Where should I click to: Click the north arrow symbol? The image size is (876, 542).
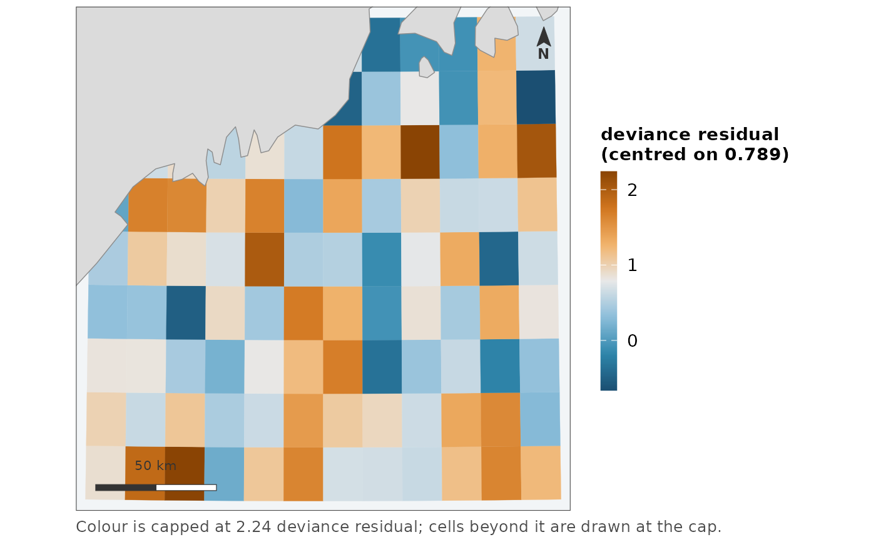click(544, 37)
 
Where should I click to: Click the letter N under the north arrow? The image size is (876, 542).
click(543, 54)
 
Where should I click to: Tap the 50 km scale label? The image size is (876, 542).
click(155, 466)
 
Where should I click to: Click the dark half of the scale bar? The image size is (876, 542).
click(126, 488)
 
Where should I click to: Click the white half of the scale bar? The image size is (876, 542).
click(186, 488)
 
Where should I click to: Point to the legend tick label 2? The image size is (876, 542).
click(632, 190)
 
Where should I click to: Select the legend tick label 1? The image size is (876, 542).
click(632, 265)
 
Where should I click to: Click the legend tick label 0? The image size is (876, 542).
click(632, 340)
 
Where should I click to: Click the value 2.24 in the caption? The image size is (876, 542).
click(253, 527)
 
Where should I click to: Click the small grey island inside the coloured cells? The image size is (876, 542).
click(426, 67)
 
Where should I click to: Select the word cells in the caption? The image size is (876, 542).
click(446, 527)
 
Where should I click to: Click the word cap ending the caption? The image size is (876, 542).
click(706, 528)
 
